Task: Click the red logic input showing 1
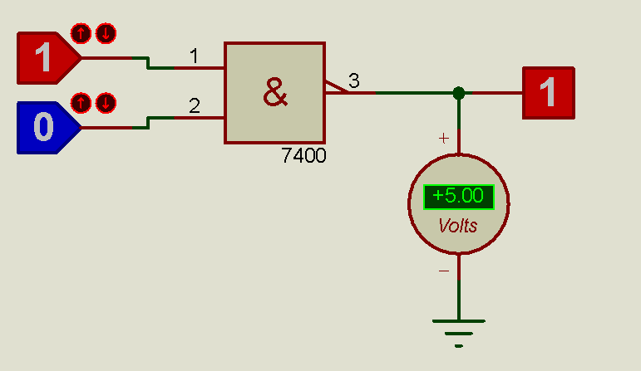[x=48, y=58]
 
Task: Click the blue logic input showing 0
[x=48, y=128]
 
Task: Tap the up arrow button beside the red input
[x=81, y=33]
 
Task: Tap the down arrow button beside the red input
[x=106, y=33]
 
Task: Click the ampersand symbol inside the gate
[x=275, y=93]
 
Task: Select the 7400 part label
[x=303, y=155]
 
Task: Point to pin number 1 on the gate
[x=195, y=56]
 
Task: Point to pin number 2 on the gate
[x=195, y=105]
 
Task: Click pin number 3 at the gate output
[x=354, y=81]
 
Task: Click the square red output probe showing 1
[x=549, y=93]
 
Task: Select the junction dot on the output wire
[x=459, y=93]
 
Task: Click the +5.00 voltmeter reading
[x=459, y=197]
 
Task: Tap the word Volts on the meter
[x=458, y=226]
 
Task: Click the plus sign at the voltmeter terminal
[x=444, y=139]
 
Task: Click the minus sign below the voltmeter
[x=444, y=271]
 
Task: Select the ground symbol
[x=459, y=334]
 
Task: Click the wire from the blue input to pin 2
[x=152, y=123]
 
